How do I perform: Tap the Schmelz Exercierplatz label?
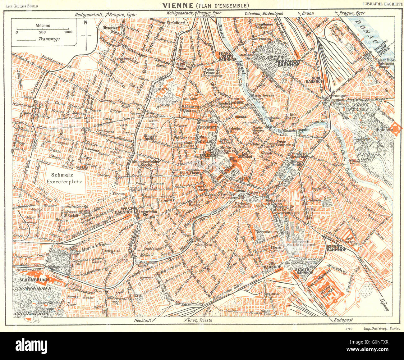tap(65, 179)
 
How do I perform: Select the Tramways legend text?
tap(49, 39)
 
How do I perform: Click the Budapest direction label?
tap(343, 320)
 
